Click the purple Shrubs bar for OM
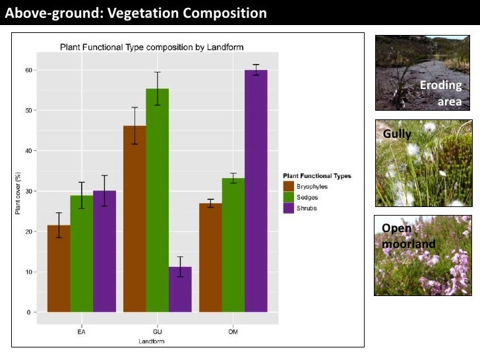[256, 191]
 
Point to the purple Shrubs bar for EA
[104, 251]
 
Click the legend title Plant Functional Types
[316, 176]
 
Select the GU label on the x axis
[157, 332]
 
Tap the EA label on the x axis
[81, 332]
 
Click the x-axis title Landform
[152, 341]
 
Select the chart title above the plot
[152, 47]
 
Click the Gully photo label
[397, 134]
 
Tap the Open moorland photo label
[408, 236]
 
